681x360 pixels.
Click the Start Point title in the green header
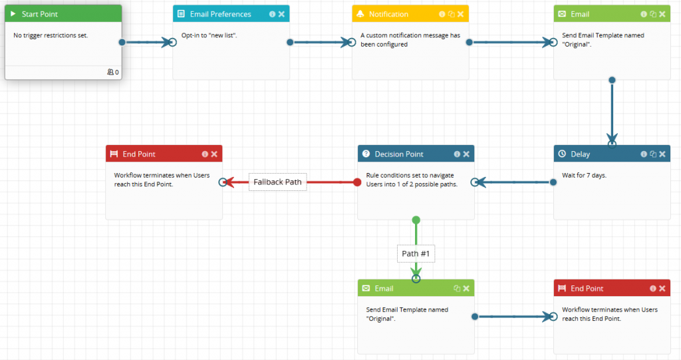[x=40, y=14]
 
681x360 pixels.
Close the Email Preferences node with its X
[x=281, y=14]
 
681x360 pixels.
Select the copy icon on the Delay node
[x=653, y=154]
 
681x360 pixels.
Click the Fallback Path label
[x=277, y=182]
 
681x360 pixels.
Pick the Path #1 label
[x=416, y=254]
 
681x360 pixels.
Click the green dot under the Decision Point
[x=416, y=220]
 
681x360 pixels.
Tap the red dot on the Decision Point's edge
[x=357, y=182]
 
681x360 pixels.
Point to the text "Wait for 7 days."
[x=584, y=176]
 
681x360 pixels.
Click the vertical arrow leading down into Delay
[x=612, y=113]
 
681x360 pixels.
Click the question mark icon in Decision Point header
[x=366, y=154]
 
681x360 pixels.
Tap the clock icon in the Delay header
[x=562, y=154]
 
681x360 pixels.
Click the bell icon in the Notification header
[x=360, y=14]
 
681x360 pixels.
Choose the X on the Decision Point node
[x=466, y=154]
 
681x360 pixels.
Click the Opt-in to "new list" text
[x=209, y=35]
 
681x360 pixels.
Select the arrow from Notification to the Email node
[x=512, y=43]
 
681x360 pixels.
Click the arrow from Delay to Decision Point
[x=513, y=182]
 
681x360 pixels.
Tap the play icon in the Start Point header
[x=13, y=14]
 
